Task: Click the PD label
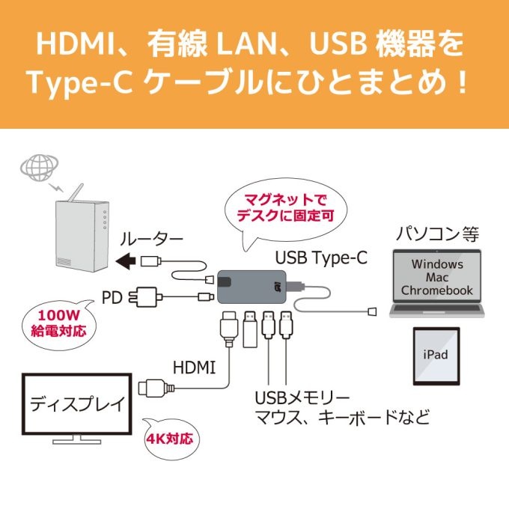tap(112, 296)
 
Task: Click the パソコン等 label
tap(437, 234)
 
